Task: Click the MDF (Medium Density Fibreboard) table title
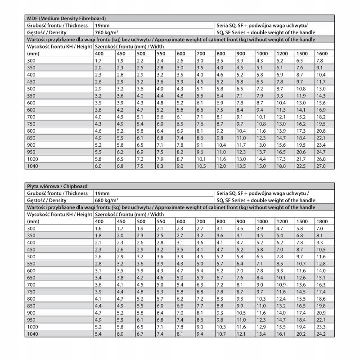67,18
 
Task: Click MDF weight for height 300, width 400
98,60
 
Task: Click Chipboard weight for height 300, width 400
98,229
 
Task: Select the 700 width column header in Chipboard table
201,221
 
